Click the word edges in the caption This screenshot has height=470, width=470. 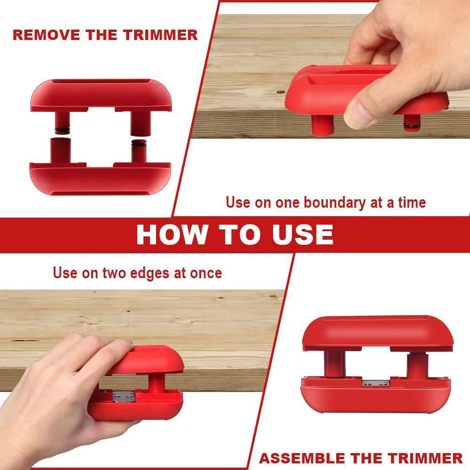(149, 273)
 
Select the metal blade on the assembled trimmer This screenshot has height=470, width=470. (376, 383)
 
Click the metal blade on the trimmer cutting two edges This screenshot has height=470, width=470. (124, 397)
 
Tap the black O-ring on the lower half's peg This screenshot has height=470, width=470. (139, 143)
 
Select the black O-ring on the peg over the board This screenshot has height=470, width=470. (412, 125)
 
